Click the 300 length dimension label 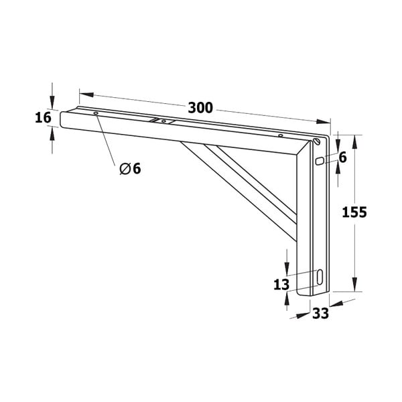pos(200,107)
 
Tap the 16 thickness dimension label pos(43,118)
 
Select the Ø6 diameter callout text pos(130,169)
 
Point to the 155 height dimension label pos(354,212)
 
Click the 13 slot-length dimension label pos(281,284)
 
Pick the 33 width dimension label pos(320,313)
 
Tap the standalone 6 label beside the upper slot pos(342,157)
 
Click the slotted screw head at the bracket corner pos(316,141)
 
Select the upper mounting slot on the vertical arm pos(320,161)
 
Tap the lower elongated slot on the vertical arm pos(320,276)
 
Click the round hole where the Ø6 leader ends pos(96,115)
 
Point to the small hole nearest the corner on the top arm pos(280,136)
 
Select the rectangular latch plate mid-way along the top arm pos(163,122)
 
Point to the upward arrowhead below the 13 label pos(287,298)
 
